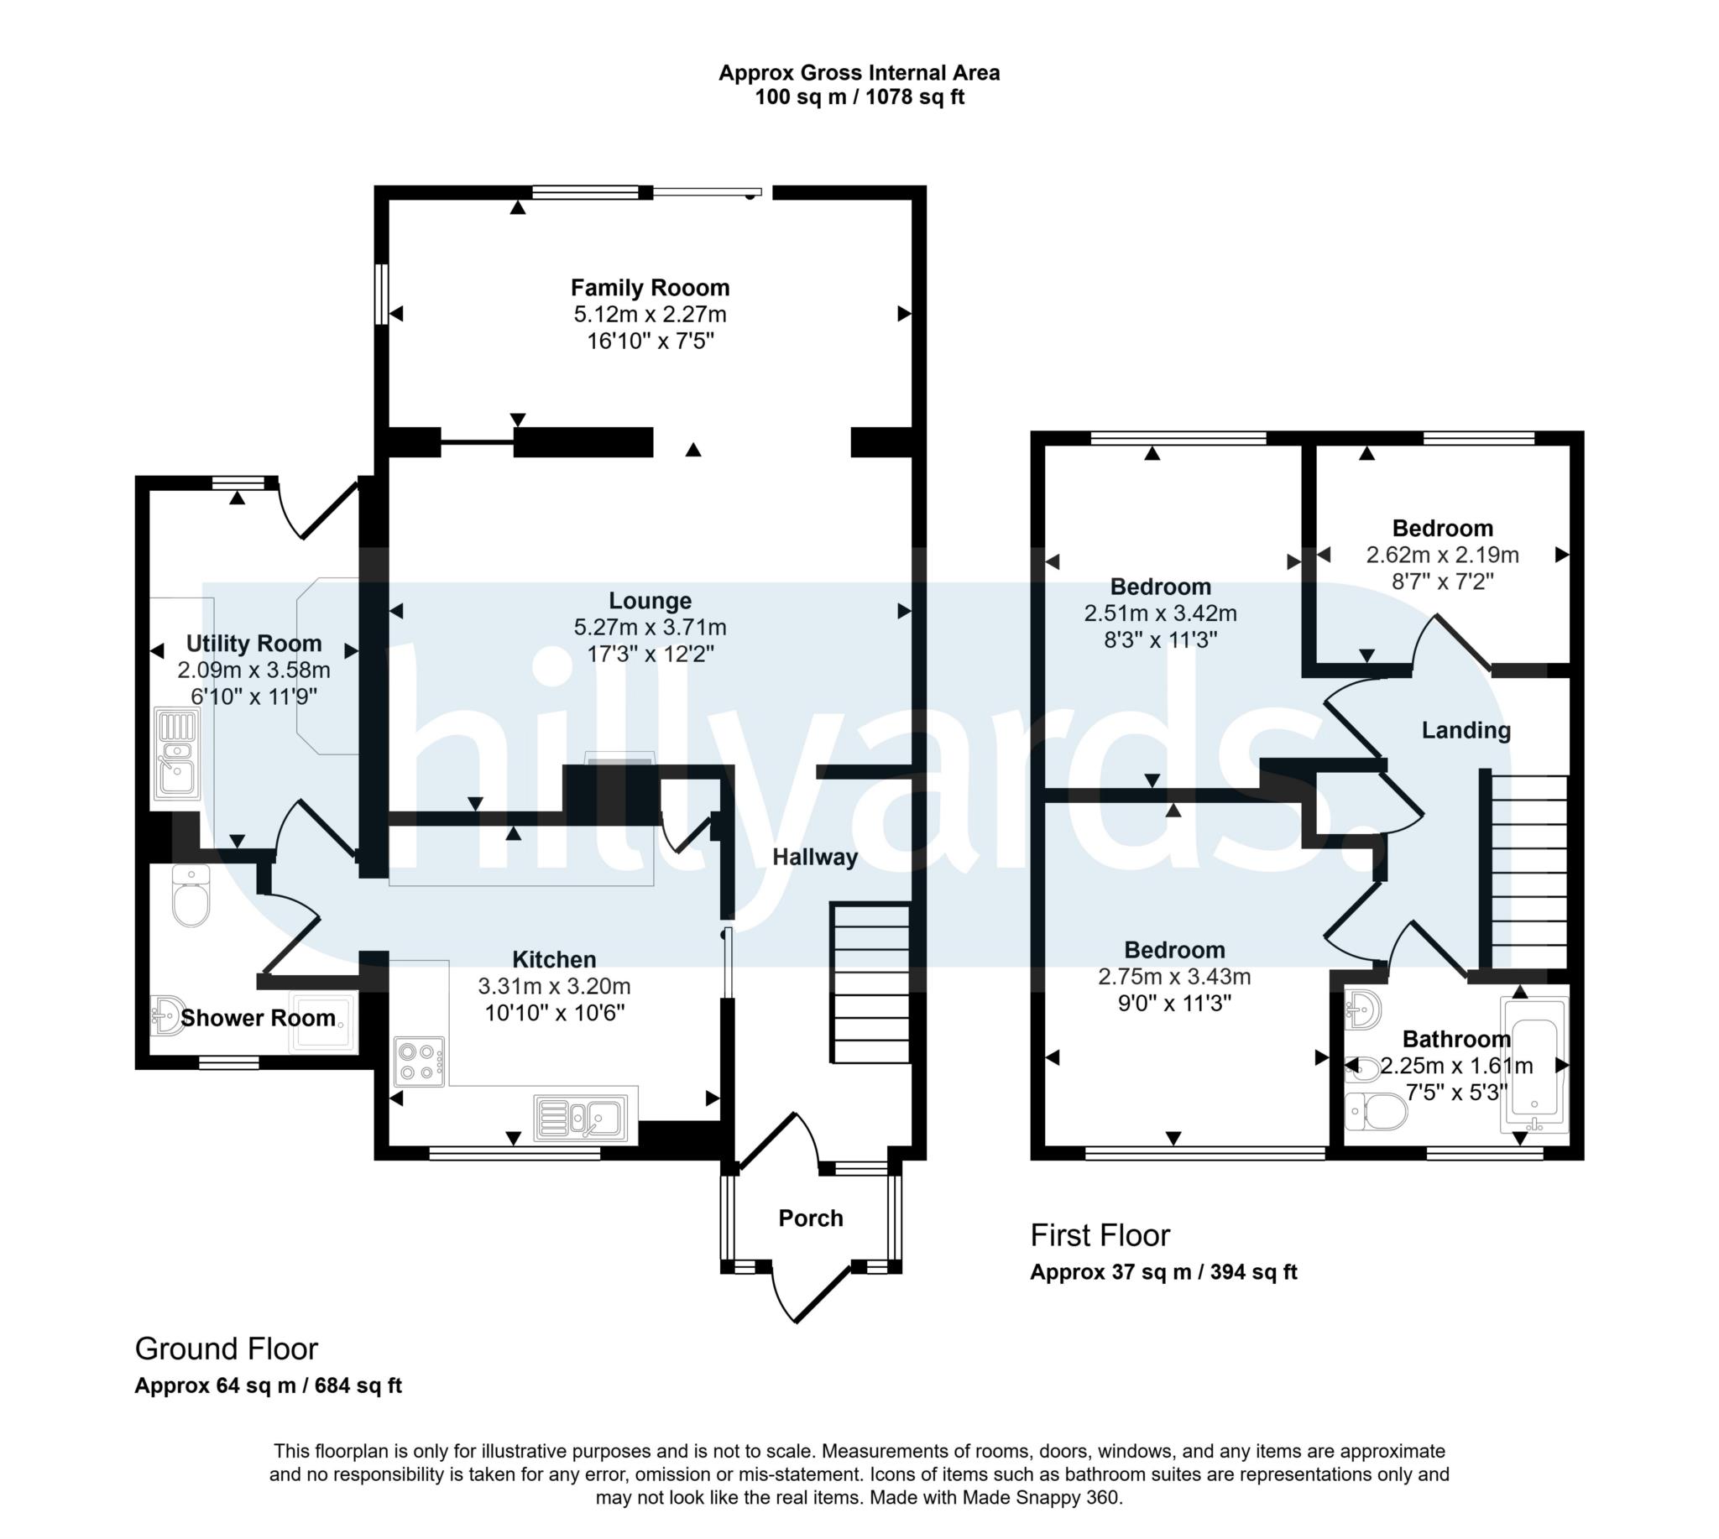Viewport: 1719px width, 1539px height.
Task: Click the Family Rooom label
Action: coord(650,288)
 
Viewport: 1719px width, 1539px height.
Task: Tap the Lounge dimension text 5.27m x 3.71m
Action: coord(650,627)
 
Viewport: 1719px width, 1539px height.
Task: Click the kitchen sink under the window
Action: coord(582,1119)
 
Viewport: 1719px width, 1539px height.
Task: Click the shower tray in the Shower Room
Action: coord(321,1022)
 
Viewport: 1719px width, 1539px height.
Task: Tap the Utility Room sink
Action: coord(177,754)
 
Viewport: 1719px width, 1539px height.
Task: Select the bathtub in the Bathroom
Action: coord(1533,1065)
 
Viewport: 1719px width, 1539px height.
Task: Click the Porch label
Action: coord(811,1218)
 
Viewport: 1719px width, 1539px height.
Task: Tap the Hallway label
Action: coord(815,857)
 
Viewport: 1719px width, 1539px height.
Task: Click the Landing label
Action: coord(1466,730)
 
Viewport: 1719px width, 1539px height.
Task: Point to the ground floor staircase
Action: coord(870,983)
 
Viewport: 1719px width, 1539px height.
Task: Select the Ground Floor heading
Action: coord(226,1349)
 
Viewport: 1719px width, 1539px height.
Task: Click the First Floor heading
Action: coord(1100,1235)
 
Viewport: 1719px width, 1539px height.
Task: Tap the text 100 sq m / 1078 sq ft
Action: coord(859,97)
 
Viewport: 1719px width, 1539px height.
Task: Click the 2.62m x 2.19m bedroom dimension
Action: coord(1441,555)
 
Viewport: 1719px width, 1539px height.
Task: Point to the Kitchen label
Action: coord(554,959)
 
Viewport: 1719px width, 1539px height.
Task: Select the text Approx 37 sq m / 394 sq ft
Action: coord(1163,1272)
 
